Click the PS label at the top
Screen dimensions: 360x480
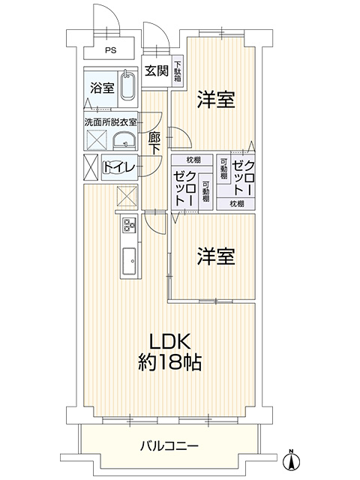[111, 50]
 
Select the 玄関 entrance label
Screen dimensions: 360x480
[157, 71]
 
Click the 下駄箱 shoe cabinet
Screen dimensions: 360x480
[178, 71]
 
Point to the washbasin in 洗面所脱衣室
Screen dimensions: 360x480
[124, 142]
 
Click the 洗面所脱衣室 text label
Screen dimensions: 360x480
[110, 123]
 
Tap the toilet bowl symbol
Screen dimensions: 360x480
[114, 167]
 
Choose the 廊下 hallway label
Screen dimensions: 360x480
[154, 144]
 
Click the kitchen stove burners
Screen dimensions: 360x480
[129, 225]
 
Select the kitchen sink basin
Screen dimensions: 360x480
[130, 261]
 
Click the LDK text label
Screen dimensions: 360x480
[170, 341]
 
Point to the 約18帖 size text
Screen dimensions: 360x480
[170, 363]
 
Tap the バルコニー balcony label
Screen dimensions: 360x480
[169, 445]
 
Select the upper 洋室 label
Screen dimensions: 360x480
[216, 100]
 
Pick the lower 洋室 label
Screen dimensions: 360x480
[216, 256]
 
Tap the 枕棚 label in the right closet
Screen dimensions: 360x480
[237, 203]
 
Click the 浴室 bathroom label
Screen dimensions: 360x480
[102, 88]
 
